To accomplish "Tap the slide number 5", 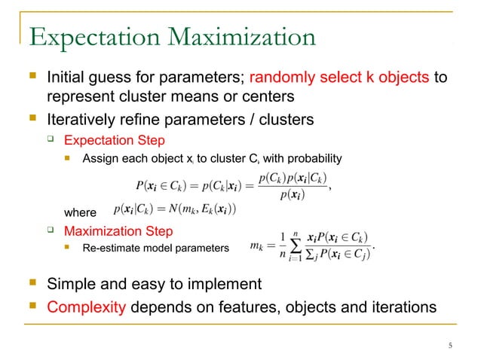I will (449, 346).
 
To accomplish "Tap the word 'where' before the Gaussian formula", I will (81, 212).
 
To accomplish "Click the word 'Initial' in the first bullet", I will (67, 78).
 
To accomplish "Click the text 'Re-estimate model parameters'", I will (155, 247).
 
